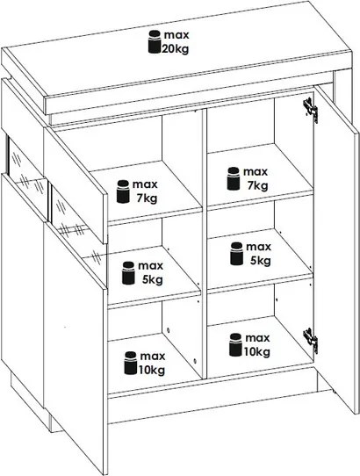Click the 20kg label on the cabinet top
click(175, 49)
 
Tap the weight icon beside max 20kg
click(155, 41)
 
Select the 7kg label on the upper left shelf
click(147, 198)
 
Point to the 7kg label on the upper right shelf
click(257, 185)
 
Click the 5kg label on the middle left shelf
click(153, 279)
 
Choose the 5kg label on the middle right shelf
click(261, 261)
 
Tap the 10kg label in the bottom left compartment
click(152, 370)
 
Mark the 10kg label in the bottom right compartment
click(257, 352)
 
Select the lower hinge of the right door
click(311, 341)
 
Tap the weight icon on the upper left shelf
click(123, 191)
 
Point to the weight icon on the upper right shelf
click(234, 178)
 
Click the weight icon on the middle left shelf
click(128, 273)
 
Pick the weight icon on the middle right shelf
click(237, 254)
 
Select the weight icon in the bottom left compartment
click(131, 363)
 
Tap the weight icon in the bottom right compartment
click(235, 344)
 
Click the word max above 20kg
click(176, 35)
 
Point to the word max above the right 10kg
click(257, 338)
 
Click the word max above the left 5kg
click(151, 266)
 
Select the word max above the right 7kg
click(256, 172)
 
